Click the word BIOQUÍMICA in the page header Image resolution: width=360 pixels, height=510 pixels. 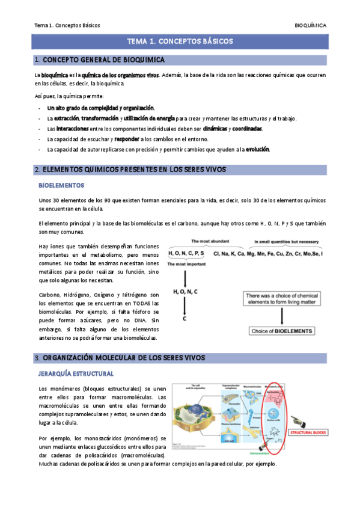tap(310, 25)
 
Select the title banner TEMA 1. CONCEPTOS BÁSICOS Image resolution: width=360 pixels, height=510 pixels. tap(180, 41)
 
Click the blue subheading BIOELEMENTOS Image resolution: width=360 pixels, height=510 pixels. tap(61, 185)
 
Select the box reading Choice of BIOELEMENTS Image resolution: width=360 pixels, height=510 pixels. tap(281, 331)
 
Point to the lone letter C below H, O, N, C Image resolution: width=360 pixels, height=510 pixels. tap(185, 318)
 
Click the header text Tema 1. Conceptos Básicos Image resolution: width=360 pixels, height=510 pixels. tap(67, 25)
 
